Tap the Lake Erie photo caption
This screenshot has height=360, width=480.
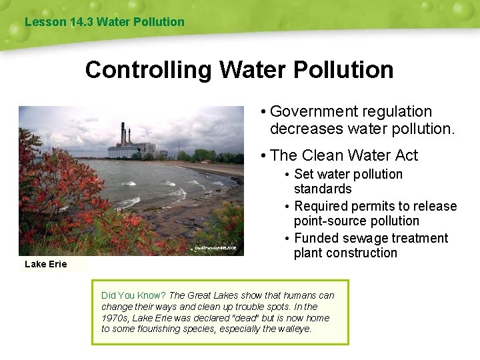pyautogui.click(x=46, y=264)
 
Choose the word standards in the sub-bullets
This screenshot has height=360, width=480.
pyautogui.click(x=323, y=189)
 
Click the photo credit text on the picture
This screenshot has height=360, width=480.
pyautogui.click(x=215, y=248)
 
